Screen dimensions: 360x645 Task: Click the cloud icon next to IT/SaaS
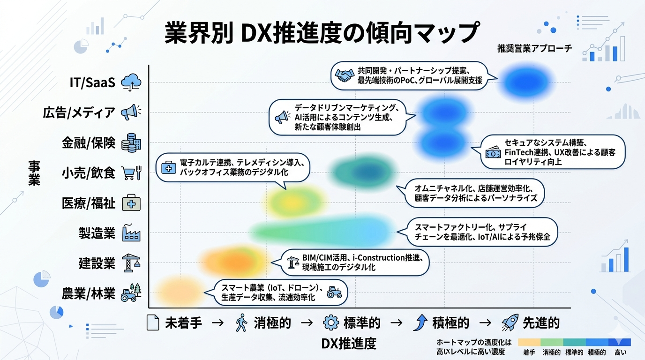click(x=131, y=82)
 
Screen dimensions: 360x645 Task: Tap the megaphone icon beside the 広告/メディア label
click(x=131, y=112)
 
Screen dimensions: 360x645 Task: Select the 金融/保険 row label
click(x=88, y=143)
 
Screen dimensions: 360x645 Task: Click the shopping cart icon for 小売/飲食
click(x=131, y=173)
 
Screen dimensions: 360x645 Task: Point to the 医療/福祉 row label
click(x=88, y=203)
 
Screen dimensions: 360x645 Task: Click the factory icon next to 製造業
click(x=131, y=233)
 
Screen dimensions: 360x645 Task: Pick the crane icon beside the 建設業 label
click(x=131, y=263)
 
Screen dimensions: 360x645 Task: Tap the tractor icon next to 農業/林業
click(x=131, y=293)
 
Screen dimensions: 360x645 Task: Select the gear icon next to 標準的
click(x=331, y=323)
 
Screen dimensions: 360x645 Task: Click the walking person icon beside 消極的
click(x=241, y=323)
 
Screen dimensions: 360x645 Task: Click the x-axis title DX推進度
click(x=349, y=344)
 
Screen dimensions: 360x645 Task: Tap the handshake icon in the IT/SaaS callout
click(x=345, y=75)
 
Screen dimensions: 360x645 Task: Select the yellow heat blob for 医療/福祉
click(x=291, y=201)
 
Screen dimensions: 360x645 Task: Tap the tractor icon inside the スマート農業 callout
click(x=334, y=292)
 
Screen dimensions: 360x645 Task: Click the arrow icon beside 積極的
click(x=420, y=323)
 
